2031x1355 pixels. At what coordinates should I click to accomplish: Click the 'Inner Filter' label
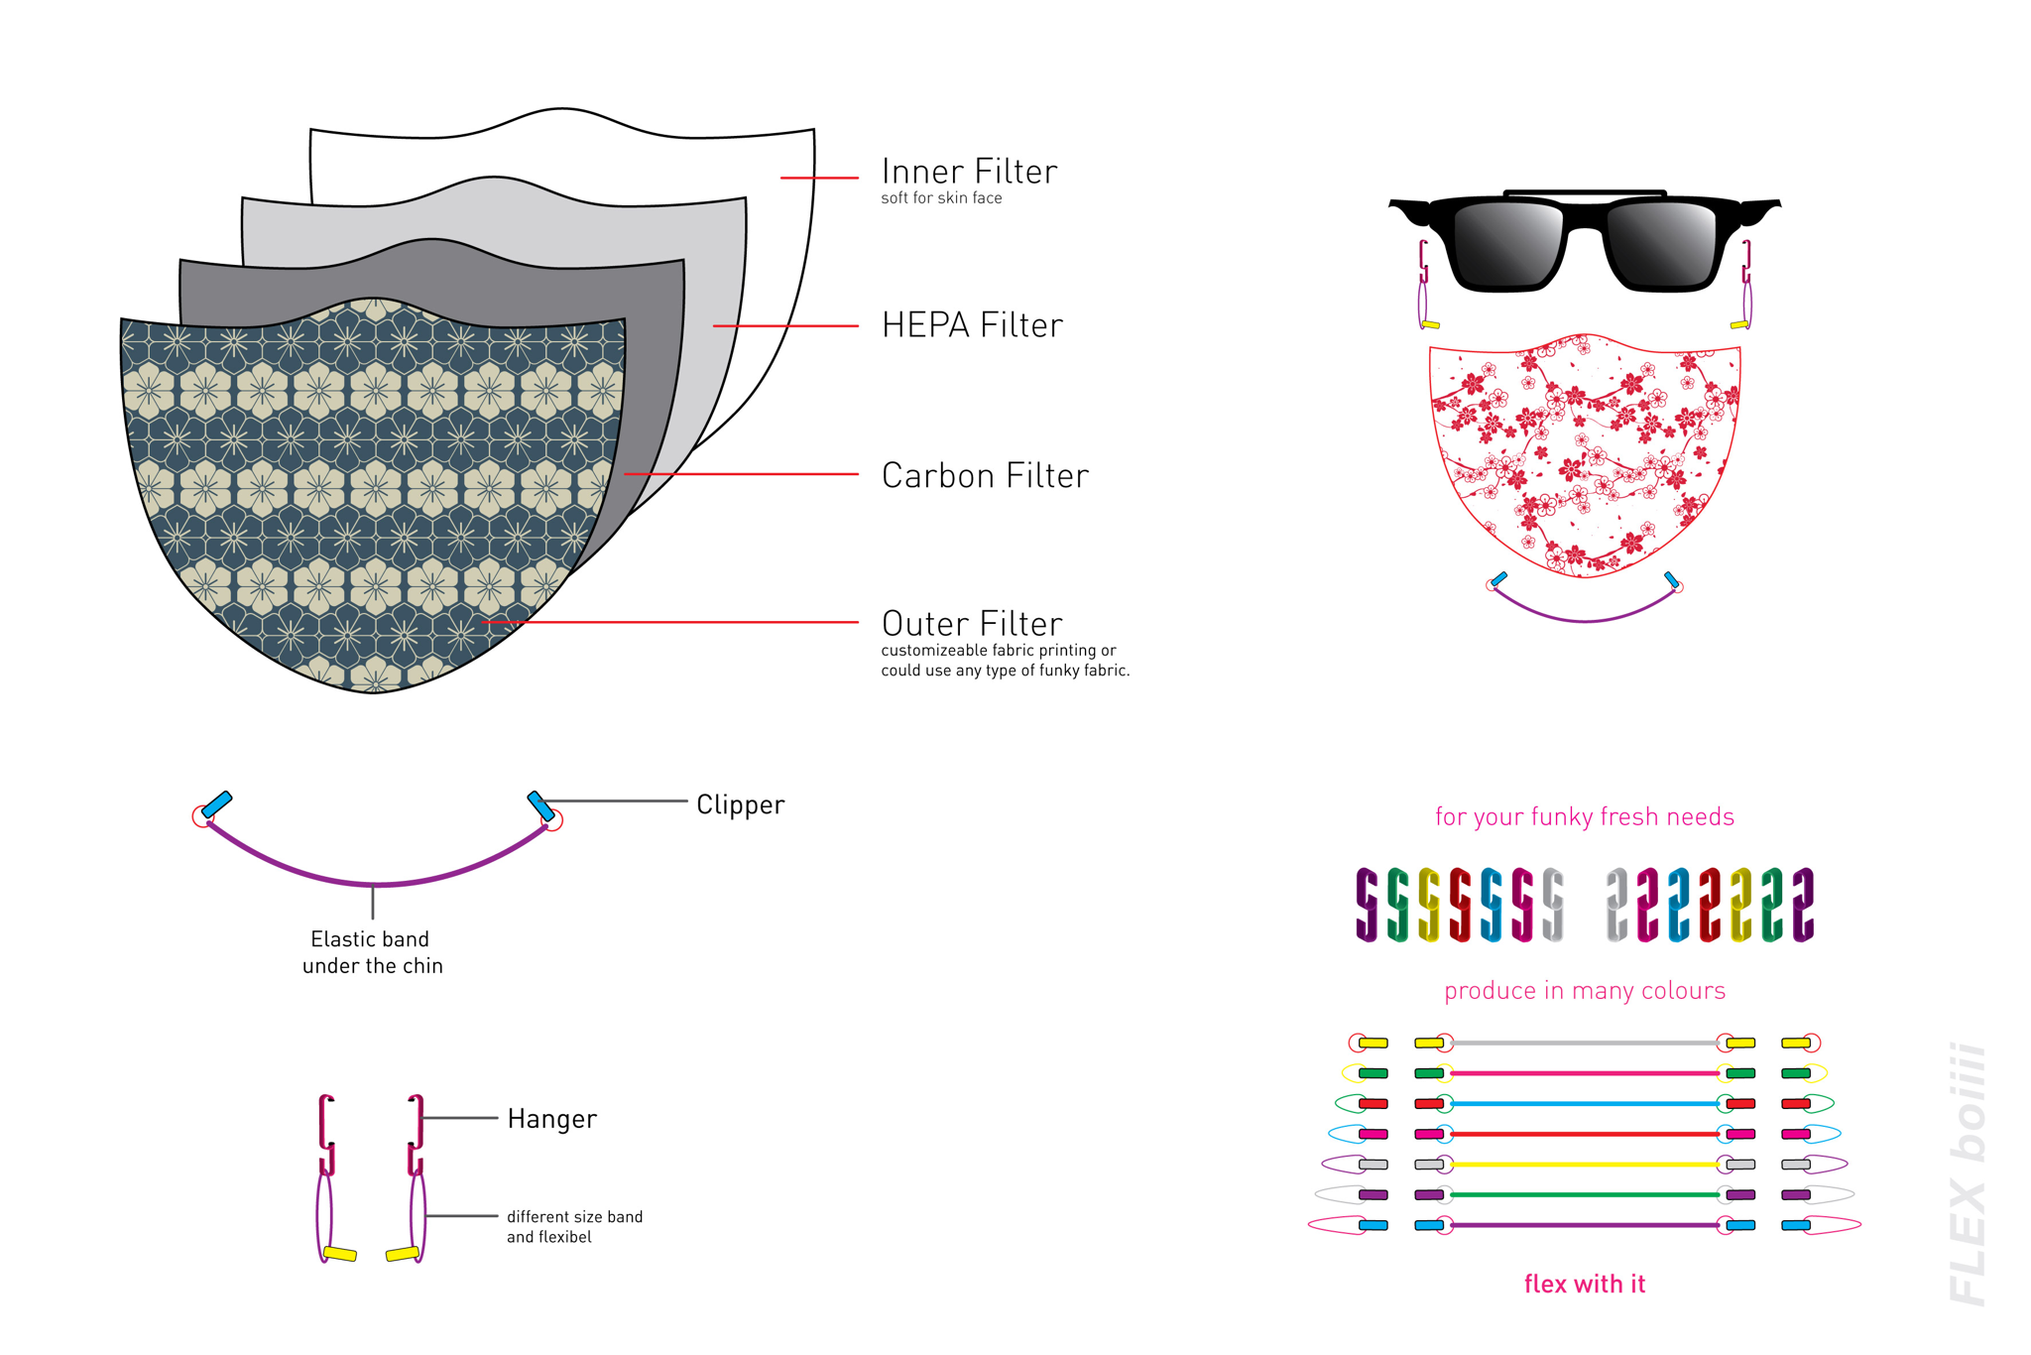point(969,172)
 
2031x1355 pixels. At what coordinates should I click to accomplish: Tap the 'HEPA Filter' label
point(972,325)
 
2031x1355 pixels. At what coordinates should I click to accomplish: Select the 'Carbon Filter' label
point(985,476)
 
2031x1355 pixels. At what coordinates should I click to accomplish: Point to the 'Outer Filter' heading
point(972,624)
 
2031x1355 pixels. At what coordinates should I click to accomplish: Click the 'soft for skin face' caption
point(941,198)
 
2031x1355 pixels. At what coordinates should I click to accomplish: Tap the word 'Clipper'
point(740,804)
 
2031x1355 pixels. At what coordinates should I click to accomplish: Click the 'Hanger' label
point(551,1119)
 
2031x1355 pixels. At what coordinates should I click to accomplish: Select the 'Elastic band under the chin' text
point(372,952)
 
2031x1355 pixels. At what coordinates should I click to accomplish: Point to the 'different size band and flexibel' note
point(574,1227)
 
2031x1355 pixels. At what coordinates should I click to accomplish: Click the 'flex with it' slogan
point(1584,1285)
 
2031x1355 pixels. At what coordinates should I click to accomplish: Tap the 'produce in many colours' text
point(1584,991)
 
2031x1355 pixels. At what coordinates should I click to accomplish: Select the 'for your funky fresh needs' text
point(1584,816)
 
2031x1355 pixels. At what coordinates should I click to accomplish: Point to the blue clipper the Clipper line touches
point(540,805)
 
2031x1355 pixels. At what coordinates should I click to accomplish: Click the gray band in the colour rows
point(1584,1044)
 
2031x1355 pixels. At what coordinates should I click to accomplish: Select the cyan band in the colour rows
point(1584,1104)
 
